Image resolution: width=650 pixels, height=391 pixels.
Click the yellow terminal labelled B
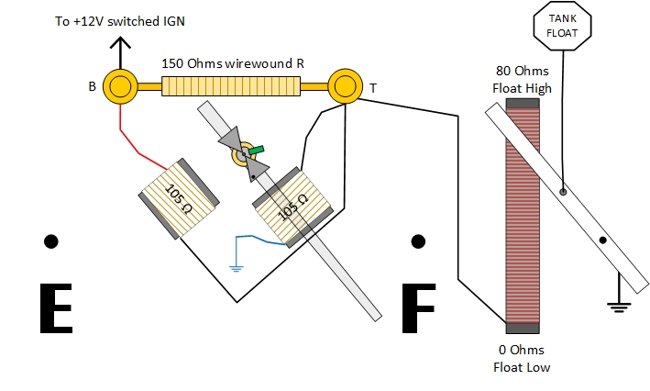click(x=119, y=86)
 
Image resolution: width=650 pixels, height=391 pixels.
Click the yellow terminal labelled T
click(x=345, y=86)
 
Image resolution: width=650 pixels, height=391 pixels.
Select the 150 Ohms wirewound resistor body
click(x=232, y=87)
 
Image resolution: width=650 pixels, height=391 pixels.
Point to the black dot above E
click(x=51, y=241)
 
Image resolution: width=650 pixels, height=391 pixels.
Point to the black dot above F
click(x=418, y=241)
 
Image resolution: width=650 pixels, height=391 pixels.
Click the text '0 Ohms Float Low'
click(x=522, y=358)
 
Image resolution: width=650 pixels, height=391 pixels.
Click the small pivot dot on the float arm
click(x=602, y=240)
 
